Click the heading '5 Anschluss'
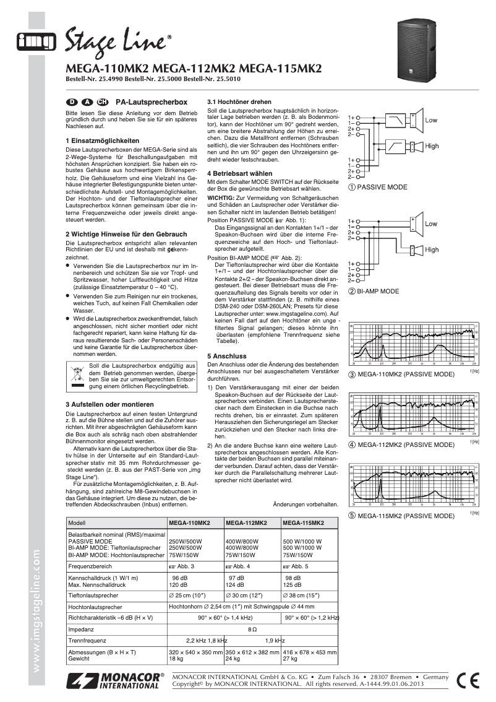click(227, 356)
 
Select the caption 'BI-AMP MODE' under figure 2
click(382, 290)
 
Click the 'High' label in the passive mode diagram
click(432, 146)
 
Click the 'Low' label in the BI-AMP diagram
click(430, 224)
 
